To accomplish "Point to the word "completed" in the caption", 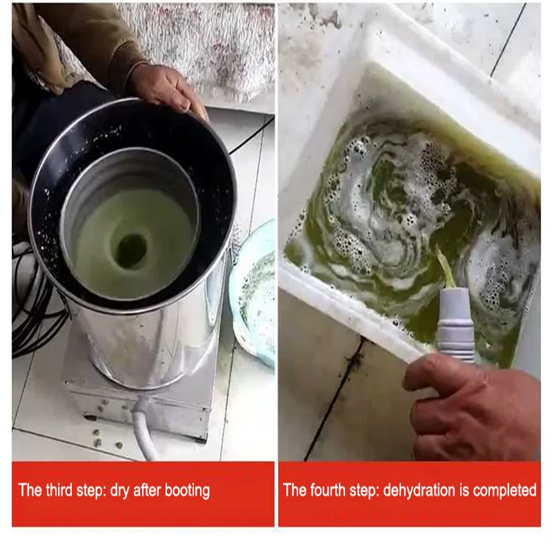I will point(503,491).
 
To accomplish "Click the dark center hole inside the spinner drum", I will point(131,250).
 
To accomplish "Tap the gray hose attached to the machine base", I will point(146,431).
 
